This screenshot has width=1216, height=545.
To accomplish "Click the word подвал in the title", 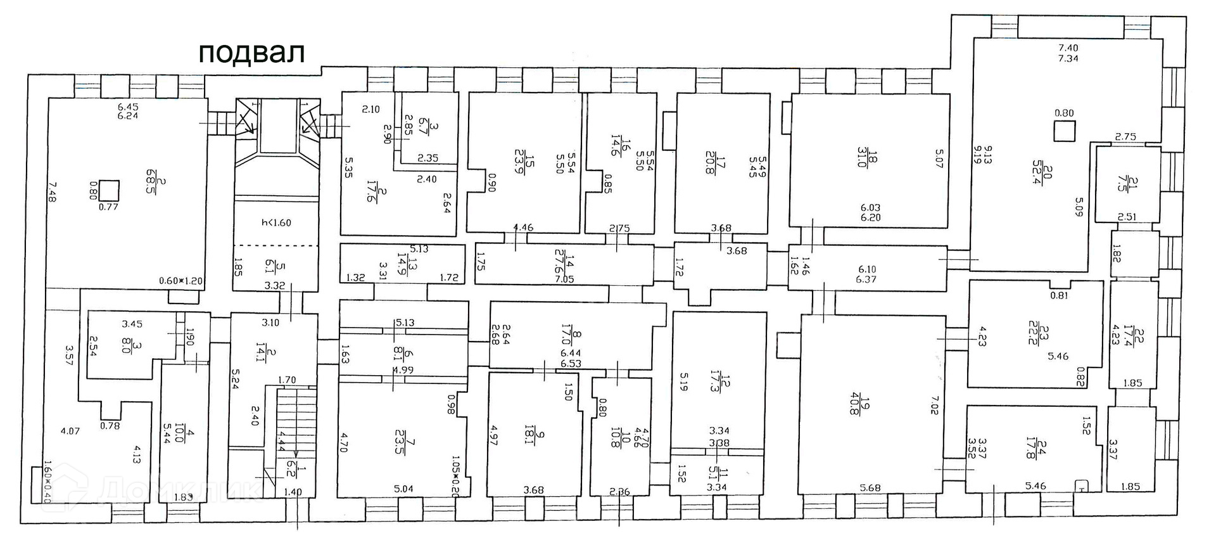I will [251, 53].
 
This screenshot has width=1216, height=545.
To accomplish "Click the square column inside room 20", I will [1064, 132].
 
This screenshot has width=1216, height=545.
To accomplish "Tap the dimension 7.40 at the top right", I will [1068, 47].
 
